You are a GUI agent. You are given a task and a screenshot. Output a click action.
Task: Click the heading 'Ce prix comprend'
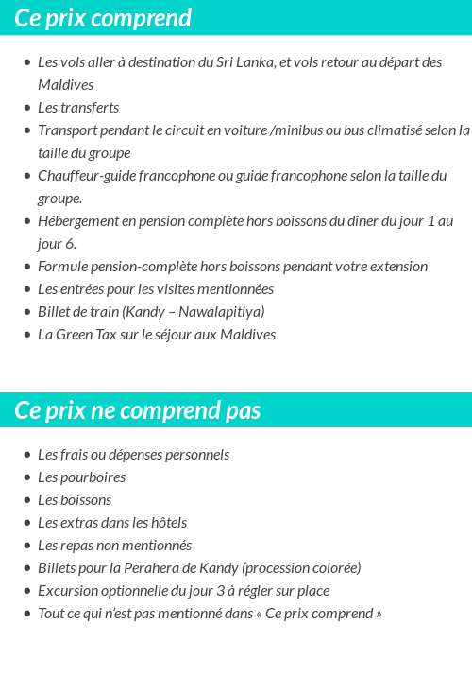coord(103,18)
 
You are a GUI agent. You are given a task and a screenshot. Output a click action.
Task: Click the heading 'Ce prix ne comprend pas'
coord(138,410)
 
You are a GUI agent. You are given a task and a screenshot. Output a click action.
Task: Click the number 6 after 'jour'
coord(70,244)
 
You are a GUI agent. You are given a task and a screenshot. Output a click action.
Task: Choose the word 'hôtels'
coord(165,523)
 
